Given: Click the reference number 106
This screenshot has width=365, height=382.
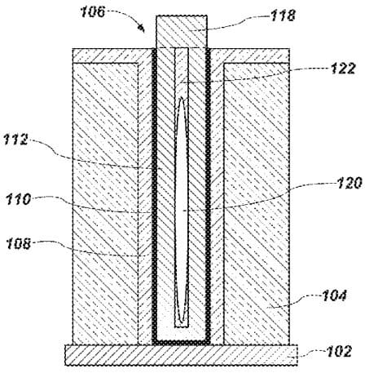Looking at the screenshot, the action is click(x=92, y=11).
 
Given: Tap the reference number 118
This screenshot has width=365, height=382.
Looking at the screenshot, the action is click(x=283, y=16).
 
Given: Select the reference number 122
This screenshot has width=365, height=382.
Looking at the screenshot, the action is click(x=343, y=69).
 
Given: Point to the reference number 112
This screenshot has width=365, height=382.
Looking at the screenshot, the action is click(x=15, y=140).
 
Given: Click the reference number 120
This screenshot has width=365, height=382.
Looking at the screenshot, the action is click(x=350, y=183).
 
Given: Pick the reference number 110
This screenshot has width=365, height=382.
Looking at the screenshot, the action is click(x=19, y=199).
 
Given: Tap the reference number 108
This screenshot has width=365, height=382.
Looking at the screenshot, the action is click(x=19, y=243).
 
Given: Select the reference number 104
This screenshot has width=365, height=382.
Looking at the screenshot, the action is click(x=334, y=295).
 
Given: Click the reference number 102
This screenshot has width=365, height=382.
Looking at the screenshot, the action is click(x=339, y=351).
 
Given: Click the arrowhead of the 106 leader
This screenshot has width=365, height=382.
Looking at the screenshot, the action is click(x=142, y=29).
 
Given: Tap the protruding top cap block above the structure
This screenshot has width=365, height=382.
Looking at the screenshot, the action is click(x=182, y=32).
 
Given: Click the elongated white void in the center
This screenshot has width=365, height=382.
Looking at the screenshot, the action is click(x=182, y=211).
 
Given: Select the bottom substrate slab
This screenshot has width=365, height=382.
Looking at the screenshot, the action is click(x=181, y=355).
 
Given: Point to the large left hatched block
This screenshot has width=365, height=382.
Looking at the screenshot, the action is click(x=105, y=203).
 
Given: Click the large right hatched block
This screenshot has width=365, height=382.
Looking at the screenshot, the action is click(x=257, y=203).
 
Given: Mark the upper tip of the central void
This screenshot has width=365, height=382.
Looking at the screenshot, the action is click(x=182, y=98).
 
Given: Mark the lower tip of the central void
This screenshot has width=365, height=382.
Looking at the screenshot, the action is click(x=182, y=323).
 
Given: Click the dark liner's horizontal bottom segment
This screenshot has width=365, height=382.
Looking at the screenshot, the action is click(x=181, y=342).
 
